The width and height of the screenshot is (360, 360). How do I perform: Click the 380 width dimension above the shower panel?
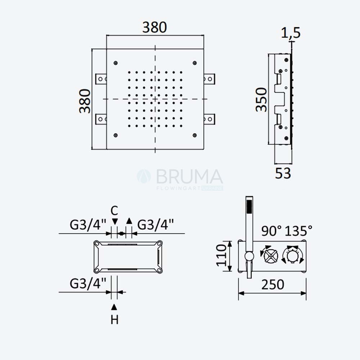pos(154,27)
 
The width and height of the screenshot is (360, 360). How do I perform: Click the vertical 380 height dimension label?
pos(85,101)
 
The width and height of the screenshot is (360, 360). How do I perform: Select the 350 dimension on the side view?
pos(261,100)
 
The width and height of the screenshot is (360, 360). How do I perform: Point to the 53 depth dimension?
pos(283,174)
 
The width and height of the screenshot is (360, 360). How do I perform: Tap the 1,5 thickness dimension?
pos(291,33)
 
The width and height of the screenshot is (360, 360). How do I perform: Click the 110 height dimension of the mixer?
pos(221,255)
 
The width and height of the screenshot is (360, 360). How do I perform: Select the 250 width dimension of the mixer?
pos(273,285)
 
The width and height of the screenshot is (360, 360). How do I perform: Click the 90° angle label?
pos(271,231)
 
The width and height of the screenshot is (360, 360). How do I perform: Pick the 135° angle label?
pos(298,231)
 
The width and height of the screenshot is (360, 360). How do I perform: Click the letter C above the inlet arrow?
pos(114,210)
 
